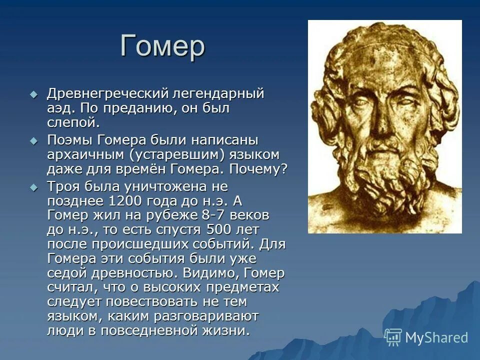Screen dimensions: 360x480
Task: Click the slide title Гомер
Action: tap(162, 47)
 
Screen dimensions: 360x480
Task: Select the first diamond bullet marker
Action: tap(33, 94)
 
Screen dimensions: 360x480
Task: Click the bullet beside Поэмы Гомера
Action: tap(33, 141)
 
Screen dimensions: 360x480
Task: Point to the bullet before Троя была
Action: tap(33, 187)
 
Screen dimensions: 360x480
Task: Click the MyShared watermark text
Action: tap(436, 337)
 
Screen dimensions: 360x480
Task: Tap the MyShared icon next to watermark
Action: tap(393, 337)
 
